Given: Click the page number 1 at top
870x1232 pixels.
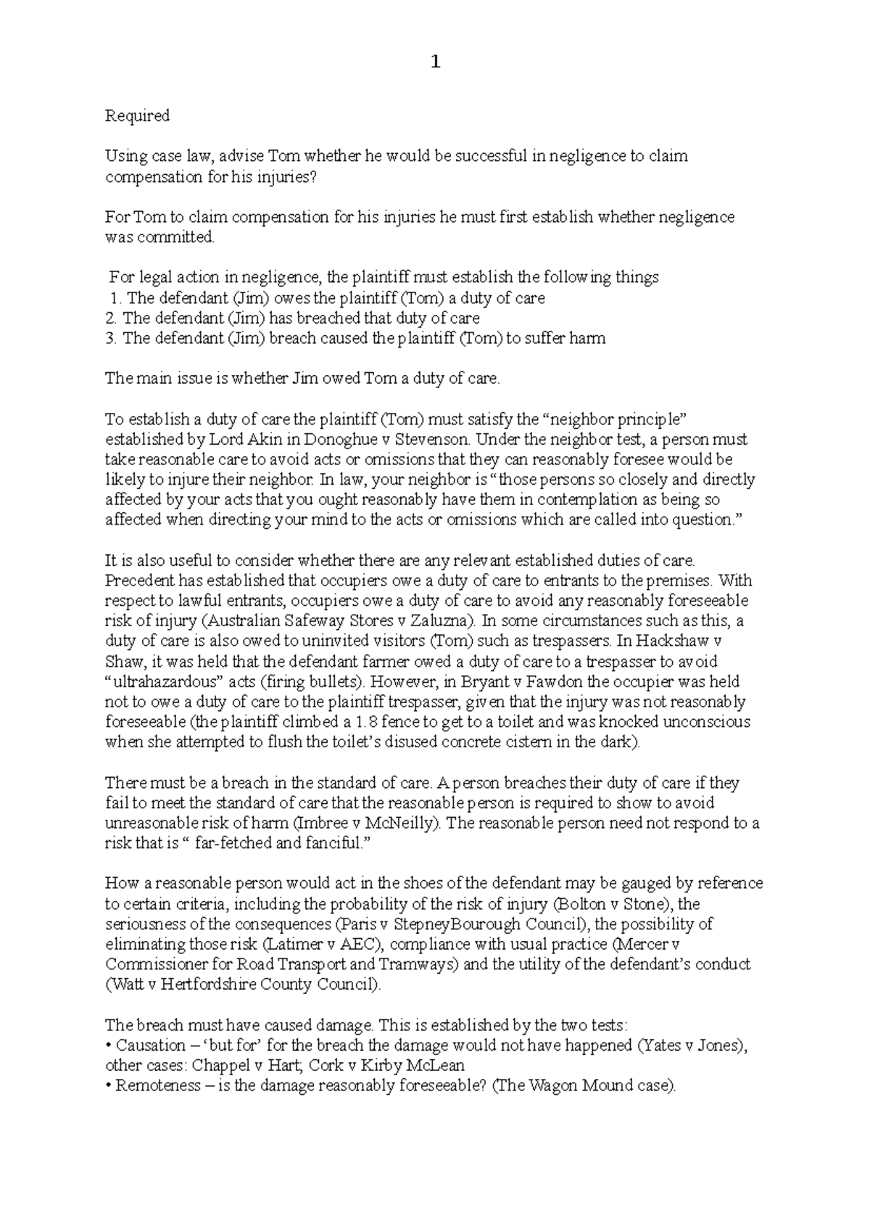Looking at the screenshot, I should tap(435, 62).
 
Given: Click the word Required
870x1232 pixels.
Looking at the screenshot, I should tap(137, 116).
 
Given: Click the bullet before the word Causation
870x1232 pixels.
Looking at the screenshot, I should tap(108, 1046).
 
